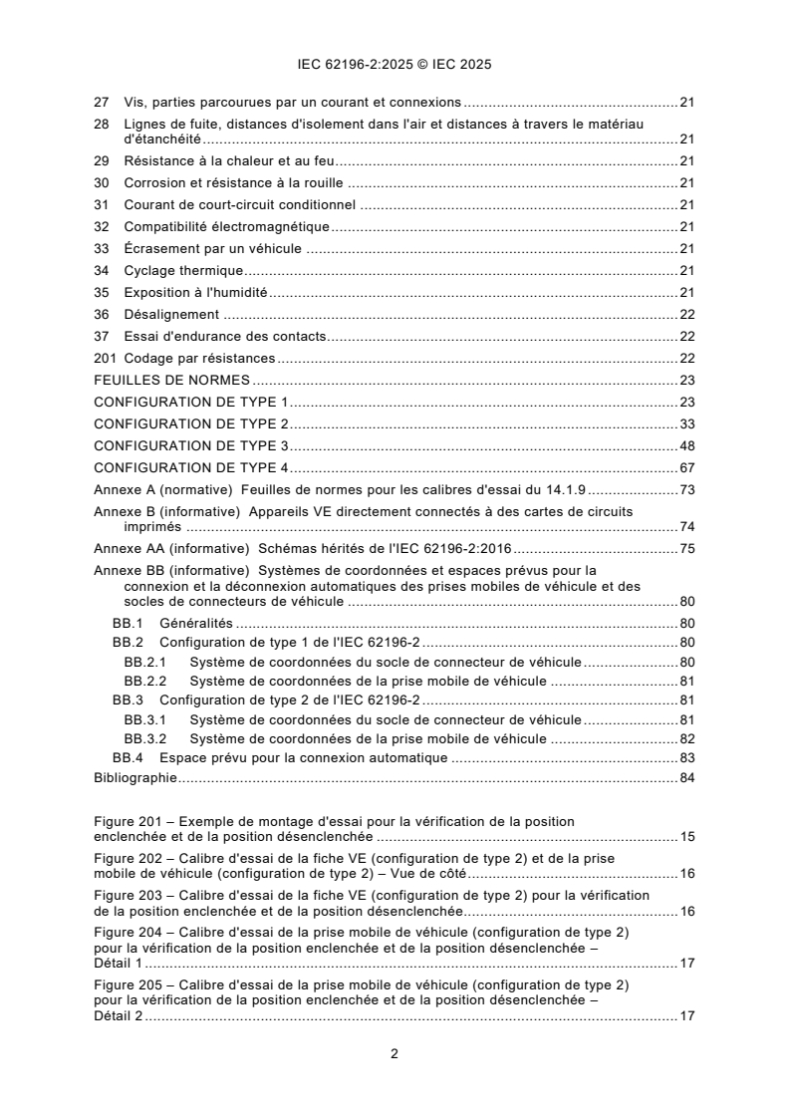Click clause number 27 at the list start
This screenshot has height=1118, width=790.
[x=101, y=102]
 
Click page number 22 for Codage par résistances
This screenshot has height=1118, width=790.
[x=686, y=358]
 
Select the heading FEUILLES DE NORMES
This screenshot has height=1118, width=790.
[x=171, y=380]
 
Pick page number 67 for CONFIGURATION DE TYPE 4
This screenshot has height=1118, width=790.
[x=686, y=466]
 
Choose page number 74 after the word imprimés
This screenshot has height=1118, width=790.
[x=686, y=526]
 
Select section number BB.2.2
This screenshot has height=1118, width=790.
[x=145, y=681]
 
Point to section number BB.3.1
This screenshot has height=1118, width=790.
[x=145, y=719]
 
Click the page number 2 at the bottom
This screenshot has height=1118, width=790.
[x=395, y=1053]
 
